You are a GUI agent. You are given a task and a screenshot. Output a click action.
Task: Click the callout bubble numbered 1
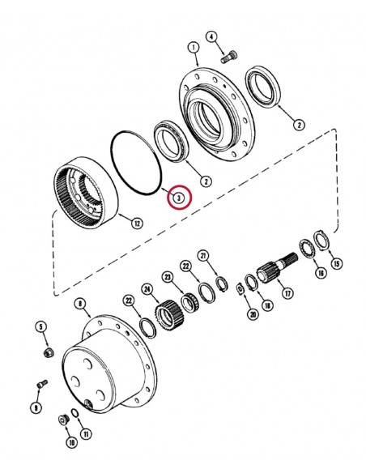tap(194, 48)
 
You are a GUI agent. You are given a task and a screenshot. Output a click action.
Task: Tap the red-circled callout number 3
tap(179, 198)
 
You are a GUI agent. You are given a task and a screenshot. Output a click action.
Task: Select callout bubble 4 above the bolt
tap(211, 36)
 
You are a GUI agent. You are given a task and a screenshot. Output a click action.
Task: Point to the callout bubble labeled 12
tap(137, 224)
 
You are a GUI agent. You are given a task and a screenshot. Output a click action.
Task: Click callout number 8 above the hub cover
tap(80, 304)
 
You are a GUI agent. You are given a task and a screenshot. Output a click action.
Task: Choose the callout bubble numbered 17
tap(288, 292)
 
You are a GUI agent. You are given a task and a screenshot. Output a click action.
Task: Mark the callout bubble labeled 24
tap(147, 290)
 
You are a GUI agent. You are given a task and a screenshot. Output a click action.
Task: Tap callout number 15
tap(337, 263)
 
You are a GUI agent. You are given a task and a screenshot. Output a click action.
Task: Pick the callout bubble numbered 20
tap(253, 314)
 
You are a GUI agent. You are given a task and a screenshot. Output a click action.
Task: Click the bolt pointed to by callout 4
tap(229, 57)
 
